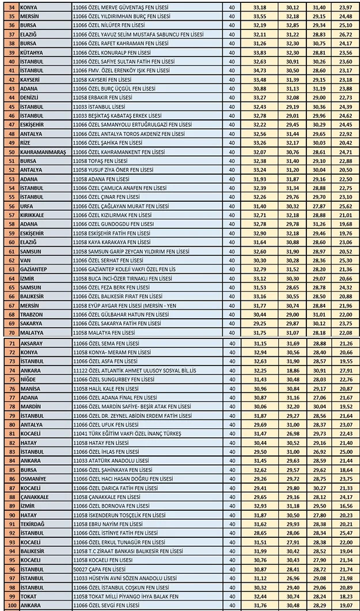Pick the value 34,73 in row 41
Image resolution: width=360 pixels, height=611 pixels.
coord(259,70)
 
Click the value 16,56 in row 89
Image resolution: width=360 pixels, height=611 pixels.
coord(346,506)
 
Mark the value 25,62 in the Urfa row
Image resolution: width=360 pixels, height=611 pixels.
coord(346,206)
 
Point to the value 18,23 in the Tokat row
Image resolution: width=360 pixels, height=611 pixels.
coord(346,597)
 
